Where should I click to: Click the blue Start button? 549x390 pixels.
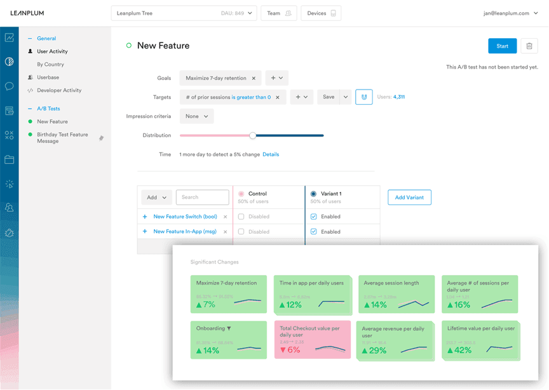(502, 46)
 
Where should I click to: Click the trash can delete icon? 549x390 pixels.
(529, 46)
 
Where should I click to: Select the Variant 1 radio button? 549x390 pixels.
(313, 194)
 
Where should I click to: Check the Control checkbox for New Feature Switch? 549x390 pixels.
(241, 217)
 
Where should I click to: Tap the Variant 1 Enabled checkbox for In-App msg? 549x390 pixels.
(313, 232)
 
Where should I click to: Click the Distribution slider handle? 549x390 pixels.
(253, 135)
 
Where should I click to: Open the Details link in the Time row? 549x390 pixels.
(271, 154)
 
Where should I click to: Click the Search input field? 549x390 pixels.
(202, 198)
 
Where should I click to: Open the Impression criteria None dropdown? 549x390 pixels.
(196, 116)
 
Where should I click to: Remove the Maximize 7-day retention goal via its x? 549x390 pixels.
(254, 78)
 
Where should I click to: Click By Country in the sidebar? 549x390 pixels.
(50, 64)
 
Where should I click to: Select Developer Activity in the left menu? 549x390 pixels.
(59, 90)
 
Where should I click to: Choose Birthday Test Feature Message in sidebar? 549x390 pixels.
(62, 138)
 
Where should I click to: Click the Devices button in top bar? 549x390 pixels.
(321, 13)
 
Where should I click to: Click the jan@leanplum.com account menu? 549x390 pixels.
(510, 13)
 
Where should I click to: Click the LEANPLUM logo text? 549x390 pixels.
(27, 13)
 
